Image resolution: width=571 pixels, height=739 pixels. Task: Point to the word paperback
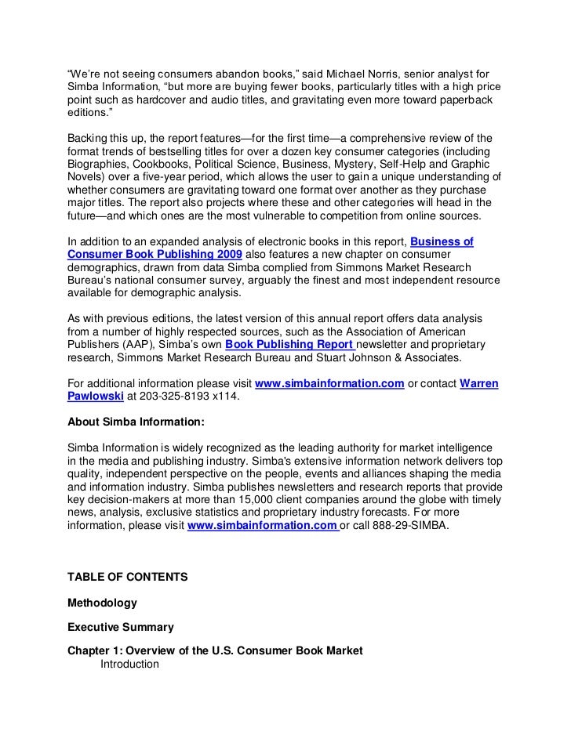(468, 100)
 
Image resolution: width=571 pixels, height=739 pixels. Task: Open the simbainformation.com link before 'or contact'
(330, 383)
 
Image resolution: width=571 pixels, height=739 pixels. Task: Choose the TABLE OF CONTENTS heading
(127, 577)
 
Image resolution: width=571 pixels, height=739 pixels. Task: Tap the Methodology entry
(103, 603)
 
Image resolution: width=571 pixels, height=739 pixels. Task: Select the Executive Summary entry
(121, 628)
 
